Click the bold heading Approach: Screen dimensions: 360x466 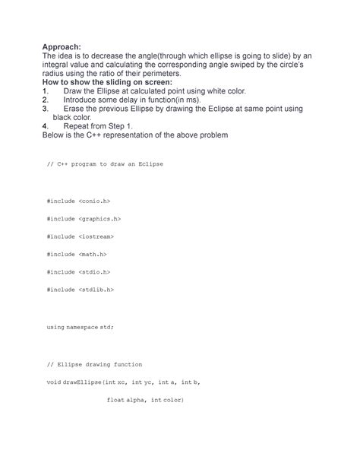tap(65, 47)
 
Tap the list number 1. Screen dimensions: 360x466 tap(46, 90)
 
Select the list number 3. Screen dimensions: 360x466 tap(46, 109)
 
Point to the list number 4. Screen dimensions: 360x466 tap(46, 126)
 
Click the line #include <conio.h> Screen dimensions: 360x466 tap(79, 201)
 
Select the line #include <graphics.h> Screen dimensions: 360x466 tap(84, 218)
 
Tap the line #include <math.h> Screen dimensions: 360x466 tap(77, 253)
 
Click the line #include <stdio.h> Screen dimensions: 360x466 tap(79, 271)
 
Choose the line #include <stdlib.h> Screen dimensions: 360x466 tap(81, 289)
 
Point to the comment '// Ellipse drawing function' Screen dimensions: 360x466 tap(94, 364)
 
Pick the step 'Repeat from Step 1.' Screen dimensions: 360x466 tap(100, 126)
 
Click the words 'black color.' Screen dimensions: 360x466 tap(77, 118)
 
